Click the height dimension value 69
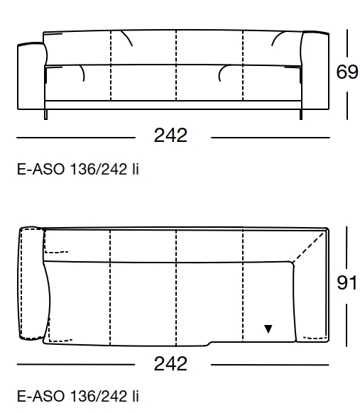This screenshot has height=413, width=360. point(347,73)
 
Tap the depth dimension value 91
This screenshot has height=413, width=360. point(347,283)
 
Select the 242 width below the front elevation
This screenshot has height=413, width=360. point(171,136)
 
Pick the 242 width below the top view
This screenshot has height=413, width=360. point(171,364)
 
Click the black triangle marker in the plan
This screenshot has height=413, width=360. point(268,329)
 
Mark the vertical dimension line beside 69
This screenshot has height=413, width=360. point(347,43)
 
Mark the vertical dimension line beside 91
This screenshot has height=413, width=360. point(347,248)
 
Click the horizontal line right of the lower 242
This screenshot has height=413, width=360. point(270,365)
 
